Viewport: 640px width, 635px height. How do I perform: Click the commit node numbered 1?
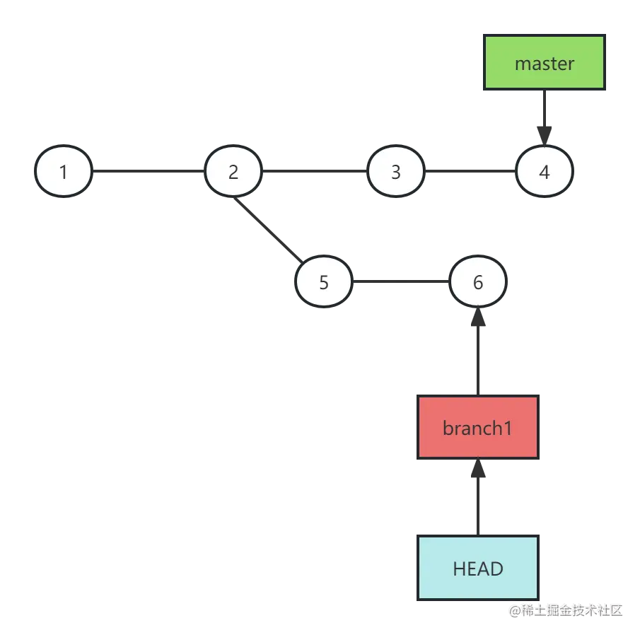click(x=64, y=172)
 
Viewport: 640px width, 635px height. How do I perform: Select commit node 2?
click(x=233, y=172)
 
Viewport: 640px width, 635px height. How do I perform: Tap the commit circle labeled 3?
click(x=395, y=172)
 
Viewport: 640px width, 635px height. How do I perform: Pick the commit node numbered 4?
click(x=544, y=172)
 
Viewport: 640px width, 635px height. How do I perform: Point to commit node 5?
click(x=324, y=282)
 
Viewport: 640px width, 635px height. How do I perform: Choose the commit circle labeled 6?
click(x=478, y=282)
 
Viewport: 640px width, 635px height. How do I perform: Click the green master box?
click(x=544, y=63)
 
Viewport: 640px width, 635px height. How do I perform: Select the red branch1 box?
click(x=478, y=428)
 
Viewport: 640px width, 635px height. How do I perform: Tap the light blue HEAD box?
click(x=478, y=569)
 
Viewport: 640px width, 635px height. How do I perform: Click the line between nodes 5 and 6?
click(x=400, y=282)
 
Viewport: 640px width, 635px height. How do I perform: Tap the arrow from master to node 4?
click(x=545, y=113)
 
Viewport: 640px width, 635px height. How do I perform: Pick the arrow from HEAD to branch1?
click(x=478, y=499)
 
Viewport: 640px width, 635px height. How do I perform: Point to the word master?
click(x=544, y=64)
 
